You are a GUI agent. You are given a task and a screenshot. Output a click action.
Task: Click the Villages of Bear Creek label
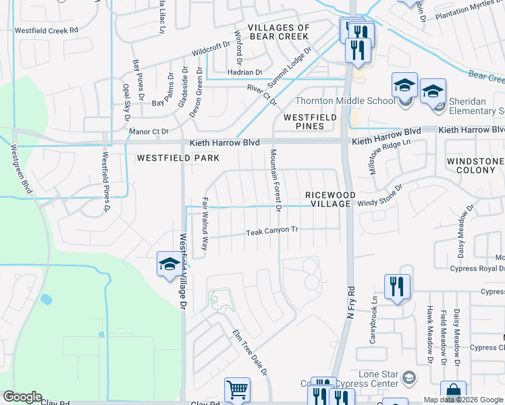[x=278, y=32]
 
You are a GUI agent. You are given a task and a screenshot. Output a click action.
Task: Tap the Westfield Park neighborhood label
[x=178, y=158]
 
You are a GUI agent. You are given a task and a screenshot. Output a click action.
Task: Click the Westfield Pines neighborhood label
[x=310, y=122]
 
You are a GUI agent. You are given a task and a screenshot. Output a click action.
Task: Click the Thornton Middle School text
[x=345, y=101]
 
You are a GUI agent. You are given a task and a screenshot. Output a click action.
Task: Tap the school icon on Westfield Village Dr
[x=168, y=264]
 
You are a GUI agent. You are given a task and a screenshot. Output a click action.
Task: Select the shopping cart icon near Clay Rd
[x=237, y=390]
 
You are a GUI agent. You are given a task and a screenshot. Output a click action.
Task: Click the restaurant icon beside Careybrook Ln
[x=396, y=286]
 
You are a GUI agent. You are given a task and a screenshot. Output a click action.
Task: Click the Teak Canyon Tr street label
[x=272, y=231]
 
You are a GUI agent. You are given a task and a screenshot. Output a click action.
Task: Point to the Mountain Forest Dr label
[x=276, y=180]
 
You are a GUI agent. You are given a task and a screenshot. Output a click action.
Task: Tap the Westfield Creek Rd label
[x=47, y=30]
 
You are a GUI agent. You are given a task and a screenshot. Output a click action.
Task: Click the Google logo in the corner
[x=22, y=397]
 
